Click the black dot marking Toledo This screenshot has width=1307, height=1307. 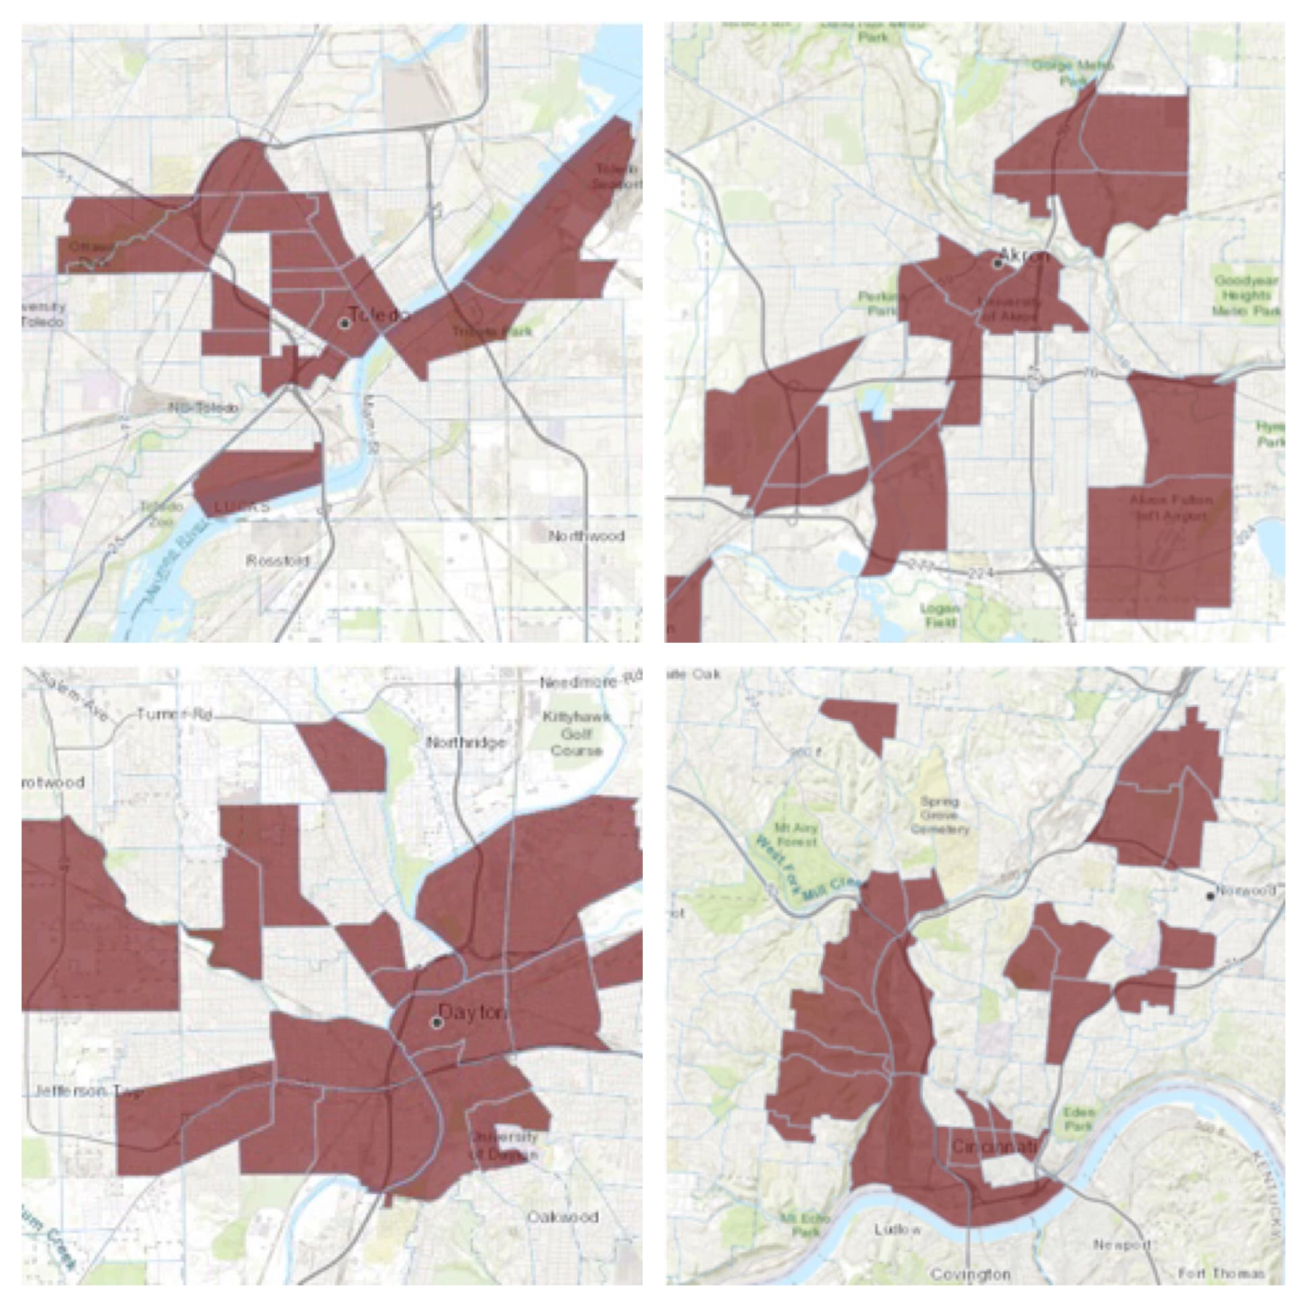[346, 323]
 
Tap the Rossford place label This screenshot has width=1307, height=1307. [277, 561]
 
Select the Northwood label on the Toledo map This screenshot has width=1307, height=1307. [586, 537]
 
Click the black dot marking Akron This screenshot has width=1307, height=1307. [998, 263]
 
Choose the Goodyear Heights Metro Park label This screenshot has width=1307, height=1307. [1246, 296]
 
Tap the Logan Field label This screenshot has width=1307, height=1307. [940, 615]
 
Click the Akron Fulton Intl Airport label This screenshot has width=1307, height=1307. [1171, 508]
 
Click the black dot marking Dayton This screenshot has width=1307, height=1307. [436, 1022]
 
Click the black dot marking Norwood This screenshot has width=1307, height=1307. [1210, 896]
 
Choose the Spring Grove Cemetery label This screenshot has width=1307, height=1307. [940, 815]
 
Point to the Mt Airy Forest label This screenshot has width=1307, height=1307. [795, 835]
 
